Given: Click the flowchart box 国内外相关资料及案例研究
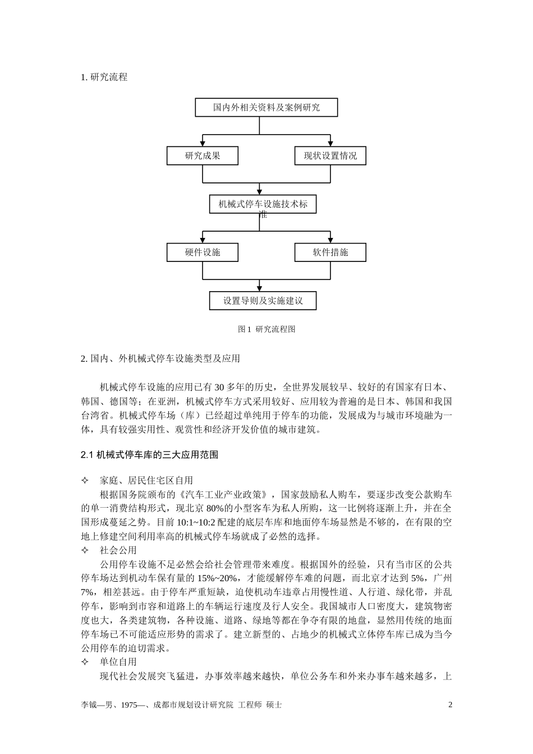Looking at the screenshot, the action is [266, 107].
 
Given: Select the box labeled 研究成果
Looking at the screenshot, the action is [203, 156].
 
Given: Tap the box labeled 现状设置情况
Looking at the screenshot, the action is [330, 156].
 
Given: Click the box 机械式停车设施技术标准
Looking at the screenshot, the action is [263, 205].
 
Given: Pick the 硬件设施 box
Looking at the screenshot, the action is [203, 252].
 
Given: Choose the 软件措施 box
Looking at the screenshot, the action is [330, 252].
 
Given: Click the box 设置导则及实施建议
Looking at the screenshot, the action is [263, 301].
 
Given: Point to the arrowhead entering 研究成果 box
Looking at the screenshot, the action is [203, 144].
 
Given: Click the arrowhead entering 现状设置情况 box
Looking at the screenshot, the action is [330, 144].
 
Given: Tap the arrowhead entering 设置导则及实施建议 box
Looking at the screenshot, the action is [260, 288].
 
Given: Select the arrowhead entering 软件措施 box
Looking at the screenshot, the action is [330, 240].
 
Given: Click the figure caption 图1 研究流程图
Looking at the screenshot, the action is [266, 329].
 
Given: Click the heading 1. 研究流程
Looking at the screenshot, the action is [104, 77].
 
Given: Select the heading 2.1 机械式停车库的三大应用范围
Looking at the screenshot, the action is [149, 455].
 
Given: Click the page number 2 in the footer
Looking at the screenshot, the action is [450, 705].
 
